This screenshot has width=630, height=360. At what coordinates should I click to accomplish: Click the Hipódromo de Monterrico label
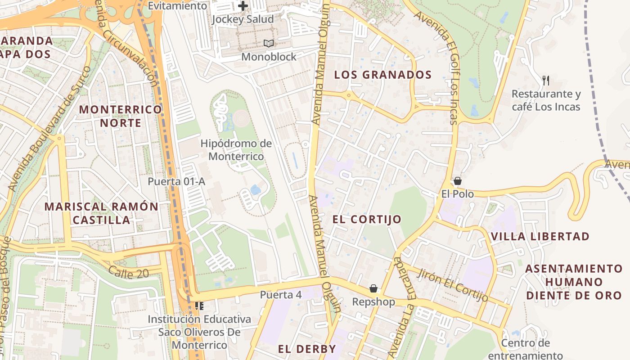[236, 150]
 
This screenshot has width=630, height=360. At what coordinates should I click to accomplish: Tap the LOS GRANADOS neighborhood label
[383, 75]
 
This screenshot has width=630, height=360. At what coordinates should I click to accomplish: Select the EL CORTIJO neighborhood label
[367, 219]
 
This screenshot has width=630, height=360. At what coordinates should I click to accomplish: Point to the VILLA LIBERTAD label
[540, 236]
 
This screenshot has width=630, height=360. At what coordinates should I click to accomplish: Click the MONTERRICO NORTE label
[120, 116]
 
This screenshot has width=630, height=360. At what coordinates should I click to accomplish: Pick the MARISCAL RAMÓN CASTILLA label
[101, 213]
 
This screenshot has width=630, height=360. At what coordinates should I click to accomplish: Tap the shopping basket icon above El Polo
[458, 181]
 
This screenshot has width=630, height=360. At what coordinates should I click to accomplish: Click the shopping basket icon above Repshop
[373, 288]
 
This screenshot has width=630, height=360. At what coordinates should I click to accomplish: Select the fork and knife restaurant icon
[546, 81]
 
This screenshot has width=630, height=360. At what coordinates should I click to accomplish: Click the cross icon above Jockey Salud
[243, 6]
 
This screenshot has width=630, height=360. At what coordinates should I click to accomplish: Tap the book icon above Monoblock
[269, 44]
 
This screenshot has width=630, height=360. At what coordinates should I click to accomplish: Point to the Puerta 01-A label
[176, 181]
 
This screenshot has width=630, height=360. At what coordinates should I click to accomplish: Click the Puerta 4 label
[281, 295]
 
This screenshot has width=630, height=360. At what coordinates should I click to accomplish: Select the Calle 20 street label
[128, 271]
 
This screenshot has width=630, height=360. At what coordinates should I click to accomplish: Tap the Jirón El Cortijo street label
[453, 285]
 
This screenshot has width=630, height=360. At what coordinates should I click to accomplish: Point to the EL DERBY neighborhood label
[307, 349]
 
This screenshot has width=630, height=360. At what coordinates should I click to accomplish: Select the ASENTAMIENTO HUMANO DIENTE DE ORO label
[574, 282]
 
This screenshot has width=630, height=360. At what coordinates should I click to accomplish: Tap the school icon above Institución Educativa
[199, 306]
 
